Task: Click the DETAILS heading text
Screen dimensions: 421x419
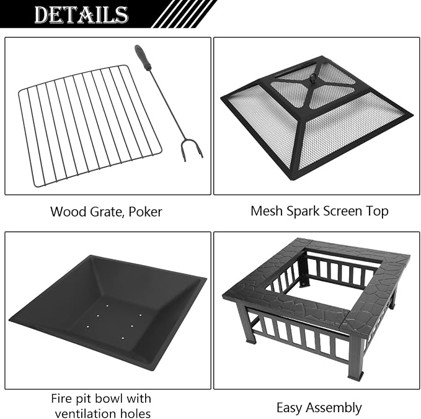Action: (81, 14)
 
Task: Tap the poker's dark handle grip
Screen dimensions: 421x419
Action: (142, 58)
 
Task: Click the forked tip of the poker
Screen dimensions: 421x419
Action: (192, 150)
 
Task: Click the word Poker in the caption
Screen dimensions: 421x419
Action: (145, 212)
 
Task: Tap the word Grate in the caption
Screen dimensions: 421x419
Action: (108, 212)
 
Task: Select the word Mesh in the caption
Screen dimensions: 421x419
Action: (267, 211)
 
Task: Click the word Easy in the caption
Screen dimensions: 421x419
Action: (290, 408)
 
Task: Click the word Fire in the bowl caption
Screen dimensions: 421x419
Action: (60, 399)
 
